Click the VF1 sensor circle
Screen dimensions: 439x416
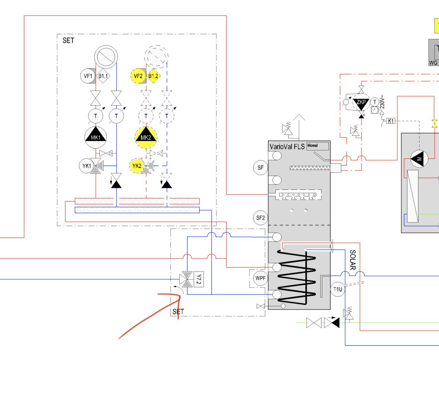point(88,76)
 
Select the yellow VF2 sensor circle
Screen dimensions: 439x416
point(138,76)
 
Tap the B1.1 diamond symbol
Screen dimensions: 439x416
point(103,76)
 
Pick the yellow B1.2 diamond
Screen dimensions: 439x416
point(153,76)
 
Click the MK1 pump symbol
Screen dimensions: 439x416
point(96,137)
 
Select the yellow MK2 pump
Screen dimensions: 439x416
point(146,137)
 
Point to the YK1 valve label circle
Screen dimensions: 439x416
point(86,166)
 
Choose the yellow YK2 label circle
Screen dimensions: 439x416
point(137,166)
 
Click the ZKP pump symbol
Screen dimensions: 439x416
point(361,102)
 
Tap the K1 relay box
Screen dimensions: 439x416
point(391,121)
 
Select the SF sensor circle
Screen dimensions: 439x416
point(260,168)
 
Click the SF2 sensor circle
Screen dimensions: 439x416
point(260,218)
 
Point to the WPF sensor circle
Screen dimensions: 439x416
point(260,278)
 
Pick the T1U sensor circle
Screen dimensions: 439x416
point(337,289)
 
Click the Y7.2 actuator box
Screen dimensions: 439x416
point(199,279)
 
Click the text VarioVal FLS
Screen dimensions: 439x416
point(287,147)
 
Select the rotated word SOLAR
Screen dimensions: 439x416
point(353,260)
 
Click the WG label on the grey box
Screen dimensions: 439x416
point(433,63)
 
